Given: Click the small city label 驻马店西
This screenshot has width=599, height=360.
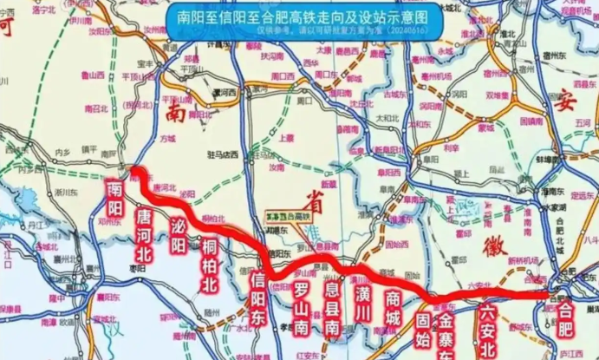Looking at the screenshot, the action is point(225,154).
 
